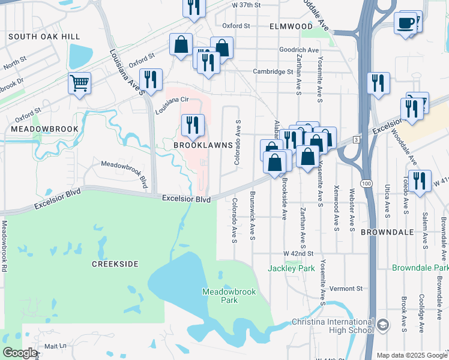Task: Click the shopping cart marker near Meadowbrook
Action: point(79,83)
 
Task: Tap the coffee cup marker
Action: point(406,23)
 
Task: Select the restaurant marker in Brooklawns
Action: point(193,125)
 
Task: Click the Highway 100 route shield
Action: point(365,182)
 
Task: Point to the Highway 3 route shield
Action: point(356,139)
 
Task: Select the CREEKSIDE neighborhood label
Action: point(115,264)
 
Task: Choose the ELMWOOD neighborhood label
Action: point(291,26)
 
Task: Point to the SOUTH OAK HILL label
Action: point(44,37)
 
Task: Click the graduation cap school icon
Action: point(382,325)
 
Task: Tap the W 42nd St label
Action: point(299,254)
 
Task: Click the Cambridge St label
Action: point(273,71)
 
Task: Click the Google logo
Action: point(20,353)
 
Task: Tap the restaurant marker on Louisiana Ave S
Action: point(150,79)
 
